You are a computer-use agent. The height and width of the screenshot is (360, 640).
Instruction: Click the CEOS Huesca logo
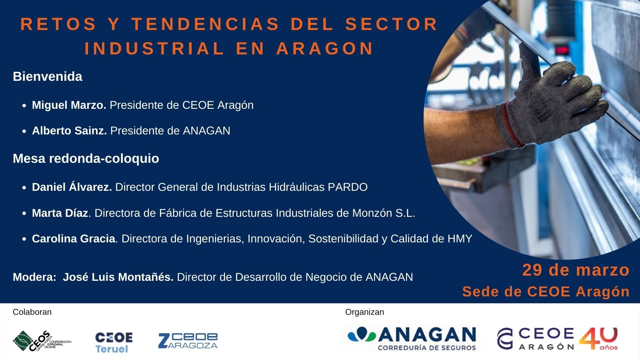point(42,341)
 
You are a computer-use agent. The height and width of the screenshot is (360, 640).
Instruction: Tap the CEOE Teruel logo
point(114,342)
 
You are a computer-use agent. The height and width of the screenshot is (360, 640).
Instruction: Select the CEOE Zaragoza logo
point(188,340)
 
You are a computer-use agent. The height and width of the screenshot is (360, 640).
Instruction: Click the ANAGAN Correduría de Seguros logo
point(412,338)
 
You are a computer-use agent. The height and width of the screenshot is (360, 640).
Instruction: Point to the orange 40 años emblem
point(598,338)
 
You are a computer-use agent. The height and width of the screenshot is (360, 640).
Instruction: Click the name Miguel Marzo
point(69,105)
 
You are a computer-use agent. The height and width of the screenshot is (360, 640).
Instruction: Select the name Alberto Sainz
point(69,131)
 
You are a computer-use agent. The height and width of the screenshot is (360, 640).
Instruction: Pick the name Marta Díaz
point(60,213)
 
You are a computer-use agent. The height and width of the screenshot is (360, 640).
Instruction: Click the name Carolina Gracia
point(74,239)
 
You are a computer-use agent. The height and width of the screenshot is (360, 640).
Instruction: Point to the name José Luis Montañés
point(118,277)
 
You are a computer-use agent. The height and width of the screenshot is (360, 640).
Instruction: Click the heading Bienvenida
point(48,76)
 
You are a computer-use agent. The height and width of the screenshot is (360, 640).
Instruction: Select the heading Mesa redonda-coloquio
point(86,158)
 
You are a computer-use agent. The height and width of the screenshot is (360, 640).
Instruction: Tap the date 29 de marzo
point(576,270)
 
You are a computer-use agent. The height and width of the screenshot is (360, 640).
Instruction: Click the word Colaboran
point(32,312)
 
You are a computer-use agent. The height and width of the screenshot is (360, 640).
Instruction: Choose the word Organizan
point(364,312)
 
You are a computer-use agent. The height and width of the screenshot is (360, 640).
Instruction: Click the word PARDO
point(348,187)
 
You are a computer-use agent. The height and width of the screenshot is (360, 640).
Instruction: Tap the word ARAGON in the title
point(325,49)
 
